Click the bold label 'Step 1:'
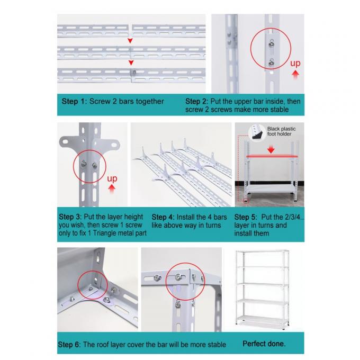point(74,101)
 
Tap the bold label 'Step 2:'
point(197,101)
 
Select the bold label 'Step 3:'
point(70,217)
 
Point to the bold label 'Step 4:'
point(163,217)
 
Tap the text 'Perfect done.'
point(264,344)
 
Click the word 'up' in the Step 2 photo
point(295,64)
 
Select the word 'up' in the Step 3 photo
point(112,179)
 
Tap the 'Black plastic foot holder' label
point(281,132)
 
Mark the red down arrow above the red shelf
point(272,150)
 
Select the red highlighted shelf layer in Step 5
point(271,157)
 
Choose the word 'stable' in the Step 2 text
point(277,110)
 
